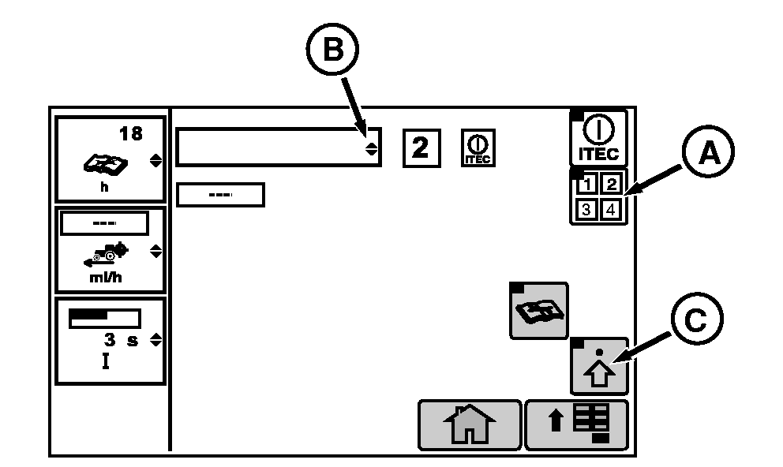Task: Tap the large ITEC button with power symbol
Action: tap(598, 137)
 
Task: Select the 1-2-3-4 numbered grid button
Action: tap(598, 197)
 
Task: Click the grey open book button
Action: tap(538, 310)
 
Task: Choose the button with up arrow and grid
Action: tap(576, 424)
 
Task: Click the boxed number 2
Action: tap(421, 148)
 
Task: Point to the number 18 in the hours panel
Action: tap(130, 133)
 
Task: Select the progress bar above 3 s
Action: tap(104, 318)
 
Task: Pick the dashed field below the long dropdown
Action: tap(220, 195)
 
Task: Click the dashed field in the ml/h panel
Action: tap(104, 224)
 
